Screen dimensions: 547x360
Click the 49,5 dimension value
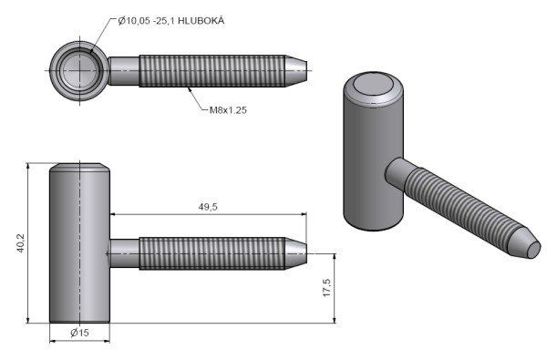(208, 207)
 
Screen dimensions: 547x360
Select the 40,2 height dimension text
(21, 243)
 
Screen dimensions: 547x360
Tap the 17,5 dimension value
(327, 288)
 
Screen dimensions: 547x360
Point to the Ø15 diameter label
(79, 333)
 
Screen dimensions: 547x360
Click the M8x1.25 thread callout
(228, 110)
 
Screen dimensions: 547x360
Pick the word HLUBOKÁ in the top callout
(201, 21)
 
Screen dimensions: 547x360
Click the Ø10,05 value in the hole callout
(134, 21)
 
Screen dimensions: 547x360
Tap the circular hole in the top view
(79, 70)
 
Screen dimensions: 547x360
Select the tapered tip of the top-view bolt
(296, 71)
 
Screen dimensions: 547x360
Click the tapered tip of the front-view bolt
(296, 253)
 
